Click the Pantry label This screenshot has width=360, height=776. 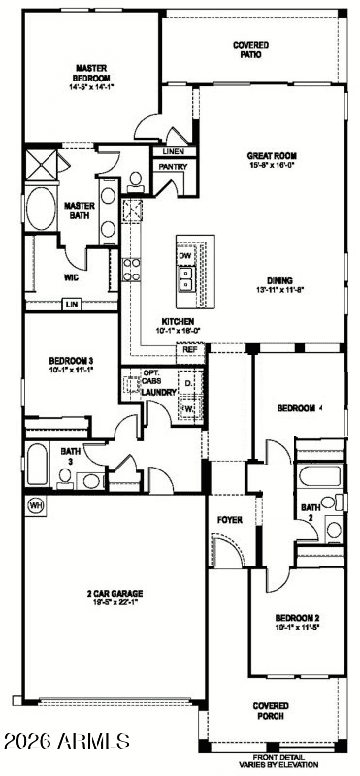(x=173, y=167)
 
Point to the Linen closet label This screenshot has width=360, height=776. (x=173, y=152)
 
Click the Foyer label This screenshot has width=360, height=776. (x=229, y=520)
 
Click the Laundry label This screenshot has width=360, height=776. (x=160, y=393)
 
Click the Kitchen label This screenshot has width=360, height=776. (x=178, y=321)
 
